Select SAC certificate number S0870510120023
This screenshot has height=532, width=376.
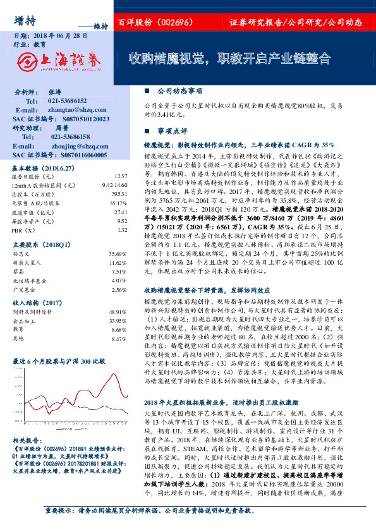point(77,119)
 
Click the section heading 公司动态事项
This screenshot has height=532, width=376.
point(178,92)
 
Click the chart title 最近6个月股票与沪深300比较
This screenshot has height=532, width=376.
point(59,361)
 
